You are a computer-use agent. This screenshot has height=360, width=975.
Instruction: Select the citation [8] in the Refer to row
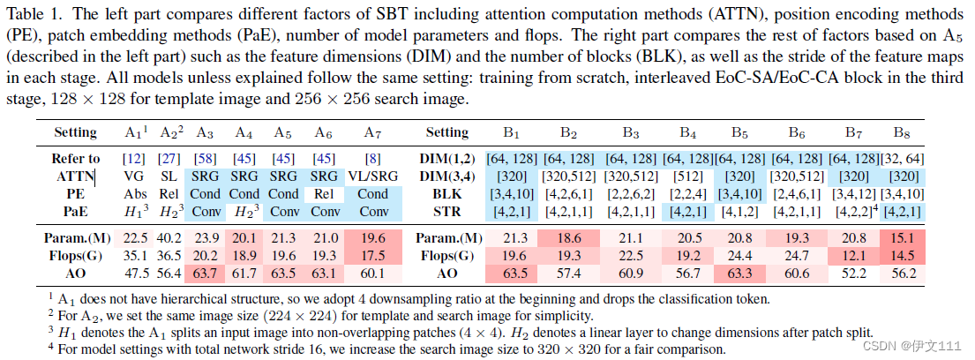373,159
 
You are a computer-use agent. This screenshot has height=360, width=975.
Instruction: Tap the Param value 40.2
171,237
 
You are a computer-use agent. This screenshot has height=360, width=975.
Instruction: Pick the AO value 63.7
206,273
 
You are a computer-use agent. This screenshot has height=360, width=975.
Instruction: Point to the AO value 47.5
136,273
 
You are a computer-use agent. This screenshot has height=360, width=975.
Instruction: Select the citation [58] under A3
206,159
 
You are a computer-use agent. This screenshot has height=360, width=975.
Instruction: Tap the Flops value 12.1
852,255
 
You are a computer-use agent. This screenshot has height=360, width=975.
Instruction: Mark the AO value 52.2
852,273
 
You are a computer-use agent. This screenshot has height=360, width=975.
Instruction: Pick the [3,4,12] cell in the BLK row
852,194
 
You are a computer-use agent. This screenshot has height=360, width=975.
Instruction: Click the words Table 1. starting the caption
34,16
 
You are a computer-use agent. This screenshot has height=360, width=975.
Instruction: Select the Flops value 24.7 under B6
797,255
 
